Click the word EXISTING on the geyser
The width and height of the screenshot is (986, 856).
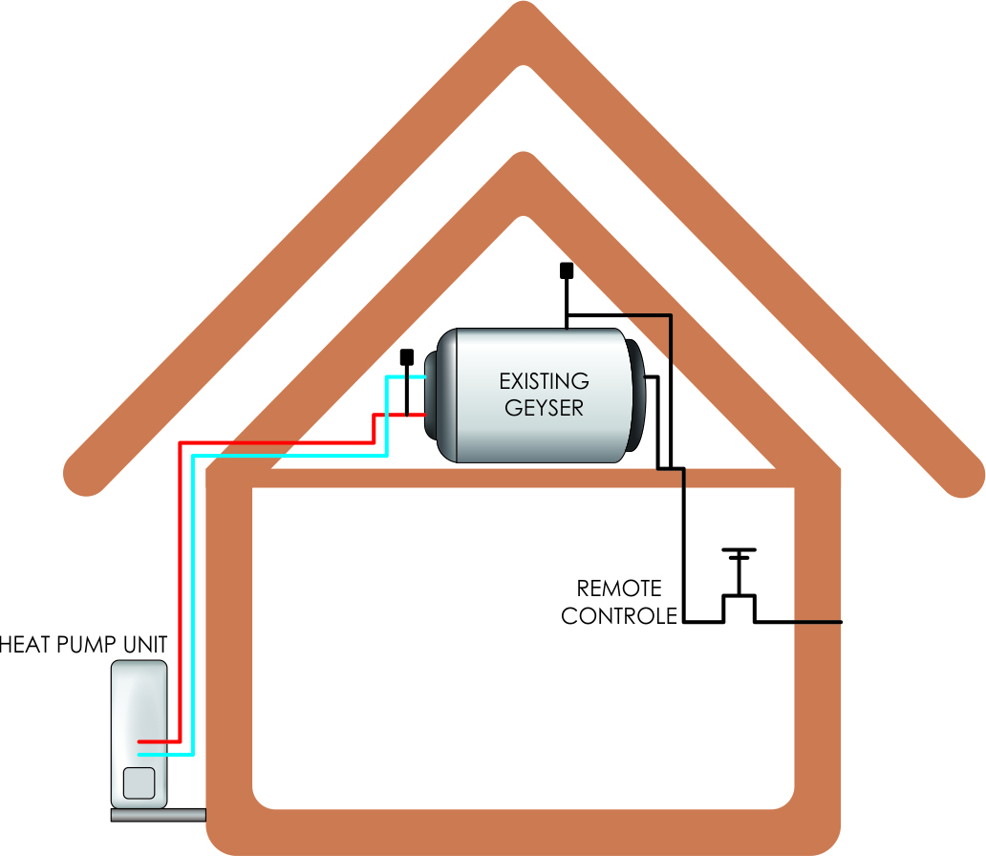point(544,381)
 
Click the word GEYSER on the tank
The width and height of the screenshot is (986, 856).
point(544,407)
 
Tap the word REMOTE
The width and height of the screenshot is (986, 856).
point(618,588)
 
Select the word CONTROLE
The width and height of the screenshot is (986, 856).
point(618,616)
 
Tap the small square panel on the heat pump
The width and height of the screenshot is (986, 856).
point(139,783)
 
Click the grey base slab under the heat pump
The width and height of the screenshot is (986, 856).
point(158,815)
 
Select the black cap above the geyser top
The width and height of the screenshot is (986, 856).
point(566,270)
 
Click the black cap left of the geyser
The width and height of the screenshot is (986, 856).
point(406,357)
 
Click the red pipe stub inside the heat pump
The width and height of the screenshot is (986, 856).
point(153,741)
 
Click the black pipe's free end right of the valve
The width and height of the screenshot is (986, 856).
point(840,623)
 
